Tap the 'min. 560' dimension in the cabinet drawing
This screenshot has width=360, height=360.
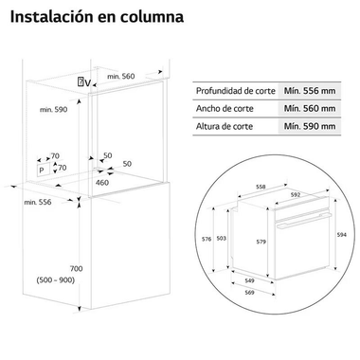121,76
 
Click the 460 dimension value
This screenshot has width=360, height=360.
101,184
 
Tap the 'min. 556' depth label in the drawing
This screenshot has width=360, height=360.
36,202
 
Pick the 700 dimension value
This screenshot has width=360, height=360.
77,270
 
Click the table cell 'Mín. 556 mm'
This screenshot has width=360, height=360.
310,90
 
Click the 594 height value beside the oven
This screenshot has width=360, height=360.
342,234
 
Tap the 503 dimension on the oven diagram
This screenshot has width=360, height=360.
248,238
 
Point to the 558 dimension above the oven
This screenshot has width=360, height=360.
261,188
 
